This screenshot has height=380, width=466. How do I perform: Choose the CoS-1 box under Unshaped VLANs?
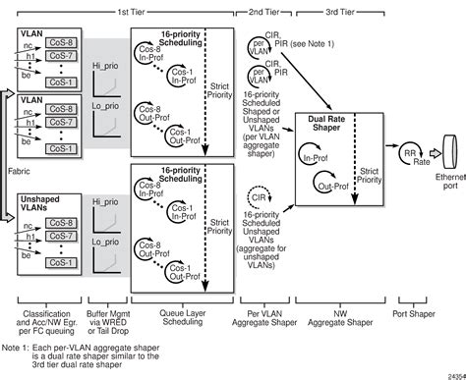tap(60, 263)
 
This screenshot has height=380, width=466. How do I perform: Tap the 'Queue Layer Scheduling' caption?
tap(184, 317)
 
